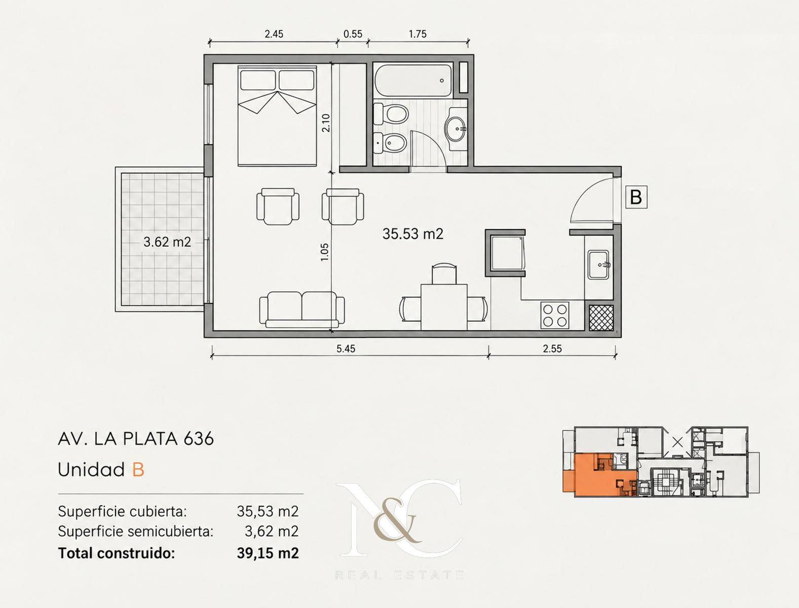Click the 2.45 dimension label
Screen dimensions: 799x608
(x=274, y=34)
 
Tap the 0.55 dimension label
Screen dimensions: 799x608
(x=353, y=34)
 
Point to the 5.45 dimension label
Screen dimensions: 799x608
(x=346, y=349)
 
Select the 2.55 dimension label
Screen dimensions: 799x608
(x=552, y=349)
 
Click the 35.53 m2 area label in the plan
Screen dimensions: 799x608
(x=413, y=234)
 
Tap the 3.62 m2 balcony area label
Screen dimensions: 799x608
(x=167, y=242)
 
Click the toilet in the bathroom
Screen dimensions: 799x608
(x=391, y=114)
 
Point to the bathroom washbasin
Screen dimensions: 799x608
(x=455, y=129)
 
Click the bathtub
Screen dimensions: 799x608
(x=413, y=80)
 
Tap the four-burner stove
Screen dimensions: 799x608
(x=555, y=315)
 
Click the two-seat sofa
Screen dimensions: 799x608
(x=302, y=309)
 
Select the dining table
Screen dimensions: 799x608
(x=444, y=307)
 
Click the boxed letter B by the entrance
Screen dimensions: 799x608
(x=636, y=197)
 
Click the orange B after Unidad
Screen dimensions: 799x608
(x=138, y=469)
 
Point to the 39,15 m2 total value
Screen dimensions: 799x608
(x=268, y=553)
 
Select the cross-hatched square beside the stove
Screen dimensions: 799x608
(x=601, y=318)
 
